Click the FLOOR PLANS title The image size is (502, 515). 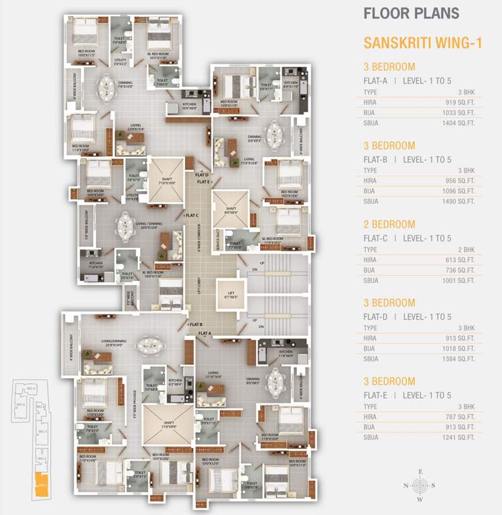[411, 13]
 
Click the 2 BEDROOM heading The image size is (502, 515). [389, 225]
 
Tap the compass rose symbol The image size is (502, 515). [420, 485]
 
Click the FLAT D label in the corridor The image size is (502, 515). [202, 174]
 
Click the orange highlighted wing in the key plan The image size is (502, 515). [42, 486]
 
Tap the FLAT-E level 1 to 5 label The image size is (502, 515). [407, 395]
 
